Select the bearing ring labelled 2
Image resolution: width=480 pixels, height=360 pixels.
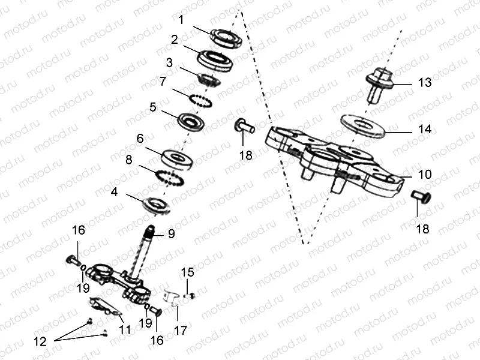217,60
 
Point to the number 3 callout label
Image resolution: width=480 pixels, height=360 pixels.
170,62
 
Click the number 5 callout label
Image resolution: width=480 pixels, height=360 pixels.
153,107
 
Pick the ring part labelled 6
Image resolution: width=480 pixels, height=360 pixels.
177,158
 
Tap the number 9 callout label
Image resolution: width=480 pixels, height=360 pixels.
171,235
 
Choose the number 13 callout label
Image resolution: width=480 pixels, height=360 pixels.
425,83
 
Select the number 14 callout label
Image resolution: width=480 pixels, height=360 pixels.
425,129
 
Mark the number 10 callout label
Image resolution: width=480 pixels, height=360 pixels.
425,175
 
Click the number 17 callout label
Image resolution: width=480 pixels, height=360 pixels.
181,330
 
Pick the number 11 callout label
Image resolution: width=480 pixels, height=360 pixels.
125,329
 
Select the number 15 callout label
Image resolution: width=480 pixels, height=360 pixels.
188,272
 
